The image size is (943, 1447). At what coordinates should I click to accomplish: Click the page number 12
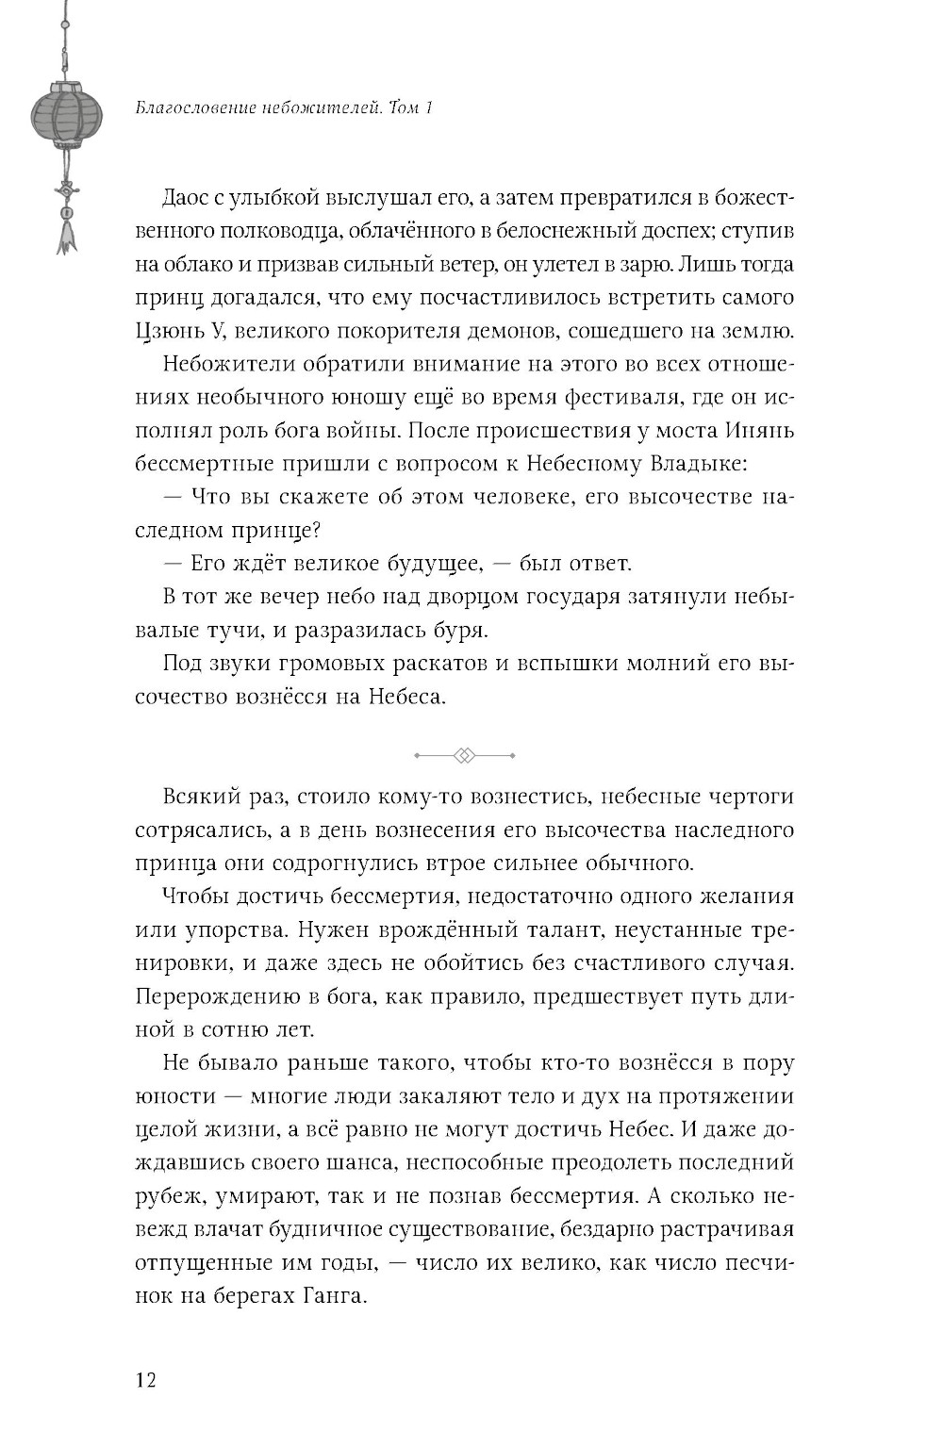point(144,1381)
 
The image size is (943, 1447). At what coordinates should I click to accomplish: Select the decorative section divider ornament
point(465,755)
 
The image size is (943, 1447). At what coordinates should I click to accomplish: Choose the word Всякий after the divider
point(199,797)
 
